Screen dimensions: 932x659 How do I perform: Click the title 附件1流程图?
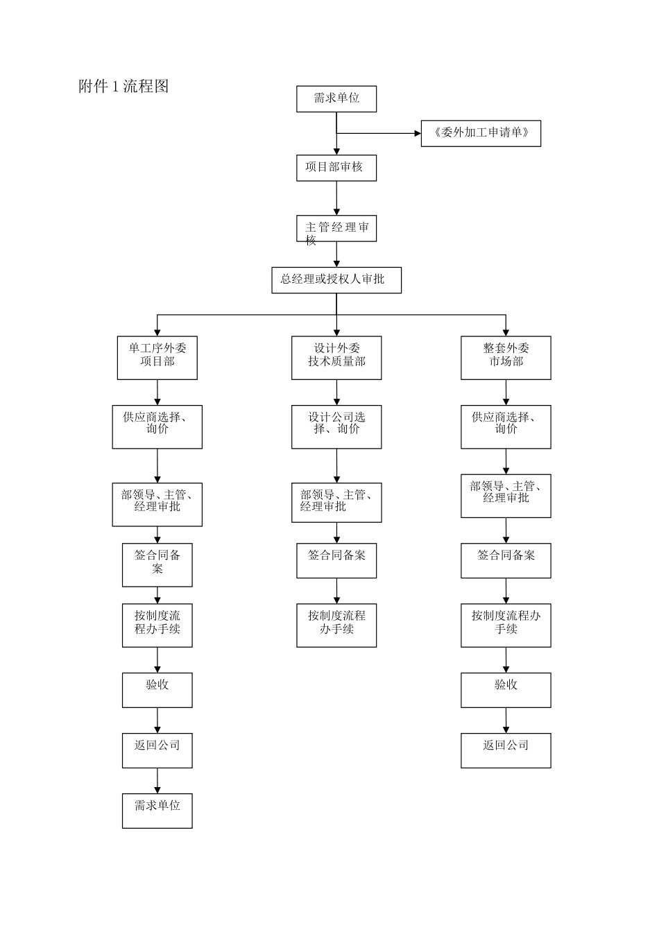coord(123,87)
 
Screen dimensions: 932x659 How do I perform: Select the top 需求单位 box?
coord(336,98)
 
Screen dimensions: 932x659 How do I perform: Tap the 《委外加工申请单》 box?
coord(481,133)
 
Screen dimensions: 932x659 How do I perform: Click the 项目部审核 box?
coord(336,168)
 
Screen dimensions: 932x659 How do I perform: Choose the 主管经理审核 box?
coord(336,228)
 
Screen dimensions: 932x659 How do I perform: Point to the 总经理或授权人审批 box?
coord(336,280)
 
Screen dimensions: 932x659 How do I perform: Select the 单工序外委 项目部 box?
coord(157,358)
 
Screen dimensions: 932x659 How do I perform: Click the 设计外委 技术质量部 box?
coord(336,358)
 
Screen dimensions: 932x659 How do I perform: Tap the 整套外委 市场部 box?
coord(506,358)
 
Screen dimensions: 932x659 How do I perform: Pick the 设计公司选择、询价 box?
coord(336,426)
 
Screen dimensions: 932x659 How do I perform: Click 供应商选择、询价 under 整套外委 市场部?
coord(506,426)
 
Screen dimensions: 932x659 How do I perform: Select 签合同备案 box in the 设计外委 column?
coord(336,560)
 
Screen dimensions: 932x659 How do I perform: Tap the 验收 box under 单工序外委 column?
coord(157,690)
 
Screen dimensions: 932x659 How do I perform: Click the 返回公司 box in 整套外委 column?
coord(506,750)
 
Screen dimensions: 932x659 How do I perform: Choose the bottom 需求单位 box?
coord(157,811)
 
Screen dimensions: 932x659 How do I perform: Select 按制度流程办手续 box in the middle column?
coord(336,625)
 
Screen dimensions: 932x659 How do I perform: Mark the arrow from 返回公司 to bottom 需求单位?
coord(157,781)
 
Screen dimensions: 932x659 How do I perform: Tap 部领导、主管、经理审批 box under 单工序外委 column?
coord(157,504)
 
